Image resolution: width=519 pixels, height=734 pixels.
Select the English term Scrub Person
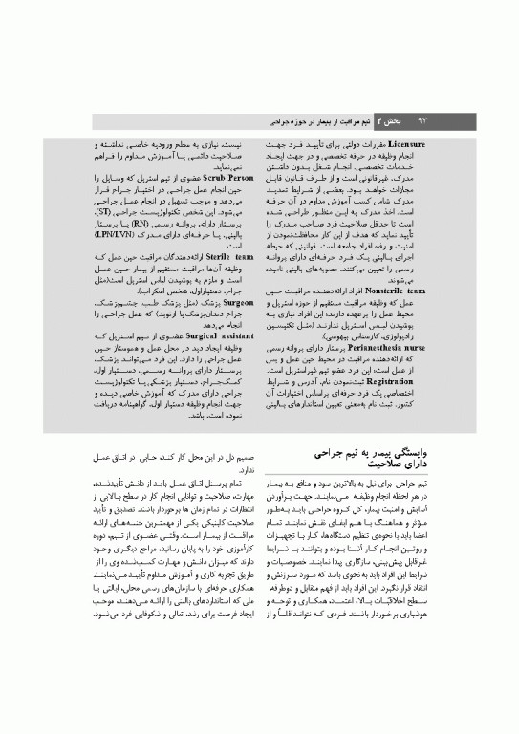point(226,178)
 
